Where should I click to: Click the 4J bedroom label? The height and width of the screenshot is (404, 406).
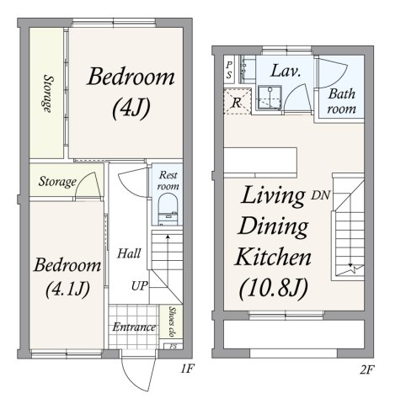point(131,93)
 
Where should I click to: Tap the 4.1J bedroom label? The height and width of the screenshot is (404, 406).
point(67,277)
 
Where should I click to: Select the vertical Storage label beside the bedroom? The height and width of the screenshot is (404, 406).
point(48,93)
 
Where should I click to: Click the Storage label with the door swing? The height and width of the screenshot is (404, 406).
point(57,182)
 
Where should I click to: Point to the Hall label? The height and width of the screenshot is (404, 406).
point(129,253)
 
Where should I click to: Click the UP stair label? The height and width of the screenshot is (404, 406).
point(140,286)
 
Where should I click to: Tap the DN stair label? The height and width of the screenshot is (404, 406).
point(320,195)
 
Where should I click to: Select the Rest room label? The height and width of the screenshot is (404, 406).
point(168,180)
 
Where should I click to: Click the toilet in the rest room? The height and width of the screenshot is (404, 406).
point(168,210)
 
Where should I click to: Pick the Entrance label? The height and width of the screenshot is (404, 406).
point(134,327)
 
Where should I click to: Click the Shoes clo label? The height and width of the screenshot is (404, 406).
point(171,322)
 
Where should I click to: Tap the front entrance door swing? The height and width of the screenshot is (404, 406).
point(138,374)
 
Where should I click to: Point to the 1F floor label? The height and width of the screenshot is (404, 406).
point(187,369)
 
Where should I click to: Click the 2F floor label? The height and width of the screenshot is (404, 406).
point(367,370)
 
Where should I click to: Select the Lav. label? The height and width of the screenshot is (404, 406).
point(286,71)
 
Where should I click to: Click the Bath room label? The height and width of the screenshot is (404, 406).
point(342,101)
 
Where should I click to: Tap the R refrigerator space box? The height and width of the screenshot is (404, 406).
point(238,101)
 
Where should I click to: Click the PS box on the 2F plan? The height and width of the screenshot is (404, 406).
point(229,70)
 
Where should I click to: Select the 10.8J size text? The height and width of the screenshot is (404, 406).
point(274,288)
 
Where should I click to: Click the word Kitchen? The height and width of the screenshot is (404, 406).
point(273,257)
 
